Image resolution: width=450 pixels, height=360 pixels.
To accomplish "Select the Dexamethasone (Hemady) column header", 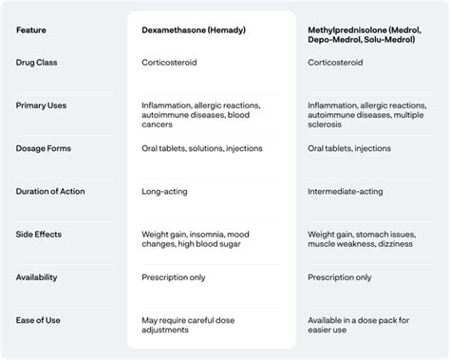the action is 193,29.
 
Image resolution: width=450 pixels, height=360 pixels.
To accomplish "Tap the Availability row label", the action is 38,277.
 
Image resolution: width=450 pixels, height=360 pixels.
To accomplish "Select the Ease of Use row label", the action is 37,320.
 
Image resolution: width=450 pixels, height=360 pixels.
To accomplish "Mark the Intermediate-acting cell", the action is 346,191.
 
